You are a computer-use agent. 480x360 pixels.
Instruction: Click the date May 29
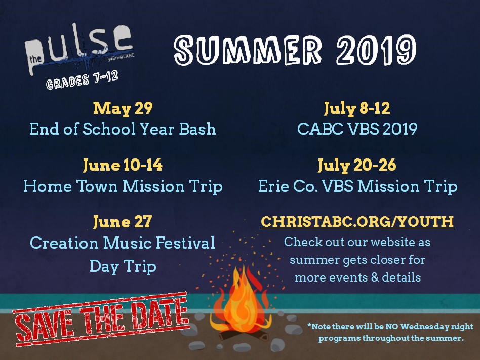click(123, 108)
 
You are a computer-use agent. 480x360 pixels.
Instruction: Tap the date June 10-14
click(123, 165)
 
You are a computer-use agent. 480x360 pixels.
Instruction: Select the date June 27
click(123, 222)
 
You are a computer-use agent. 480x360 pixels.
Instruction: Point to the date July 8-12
click(357, 108)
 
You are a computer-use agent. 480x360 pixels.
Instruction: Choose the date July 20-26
click(357, 165)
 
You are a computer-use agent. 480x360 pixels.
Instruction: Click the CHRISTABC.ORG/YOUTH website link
click(357, 221)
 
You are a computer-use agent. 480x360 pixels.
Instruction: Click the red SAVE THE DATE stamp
click(101, 318)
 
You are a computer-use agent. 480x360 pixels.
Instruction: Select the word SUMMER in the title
click(248, 50)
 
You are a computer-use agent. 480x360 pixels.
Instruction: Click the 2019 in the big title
click(376, 50)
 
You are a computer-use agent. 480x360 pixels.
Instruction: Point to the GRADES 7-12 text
click(82, 80)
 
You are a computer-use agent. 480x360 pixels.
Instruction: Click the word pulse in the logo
click(79, 46)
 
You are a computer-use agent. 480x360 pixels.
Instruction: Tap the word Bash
click(197, 129)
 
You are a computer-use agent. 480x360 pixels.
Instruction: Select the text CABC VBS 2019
click(357, 129)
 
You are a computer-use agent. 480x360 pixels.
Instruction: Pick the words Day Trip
click(123, 267)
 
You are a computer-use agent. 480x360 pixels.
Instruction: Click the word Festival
click(185, 243)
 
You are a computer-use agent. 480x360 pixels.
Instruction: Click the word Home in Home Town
click(48, 186)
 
